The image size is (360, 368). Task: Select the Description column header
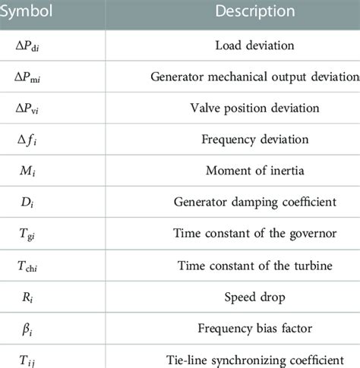254,11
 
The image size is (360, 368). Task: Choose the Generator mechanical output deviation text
254,76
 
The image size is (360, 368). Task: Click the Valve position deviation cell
254,108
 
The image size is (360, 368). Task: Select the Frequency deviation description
254,140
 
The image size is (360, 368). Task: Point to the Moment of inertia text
254,171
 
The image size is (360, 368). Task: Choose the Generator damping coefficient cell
254,203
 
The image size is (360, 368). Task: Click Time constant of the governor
254,234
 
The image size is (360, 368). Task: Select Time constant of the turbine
254,266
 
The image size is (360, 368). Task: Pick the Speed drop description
254,297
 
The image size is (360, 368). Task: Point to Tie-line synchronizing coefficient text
254,360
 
